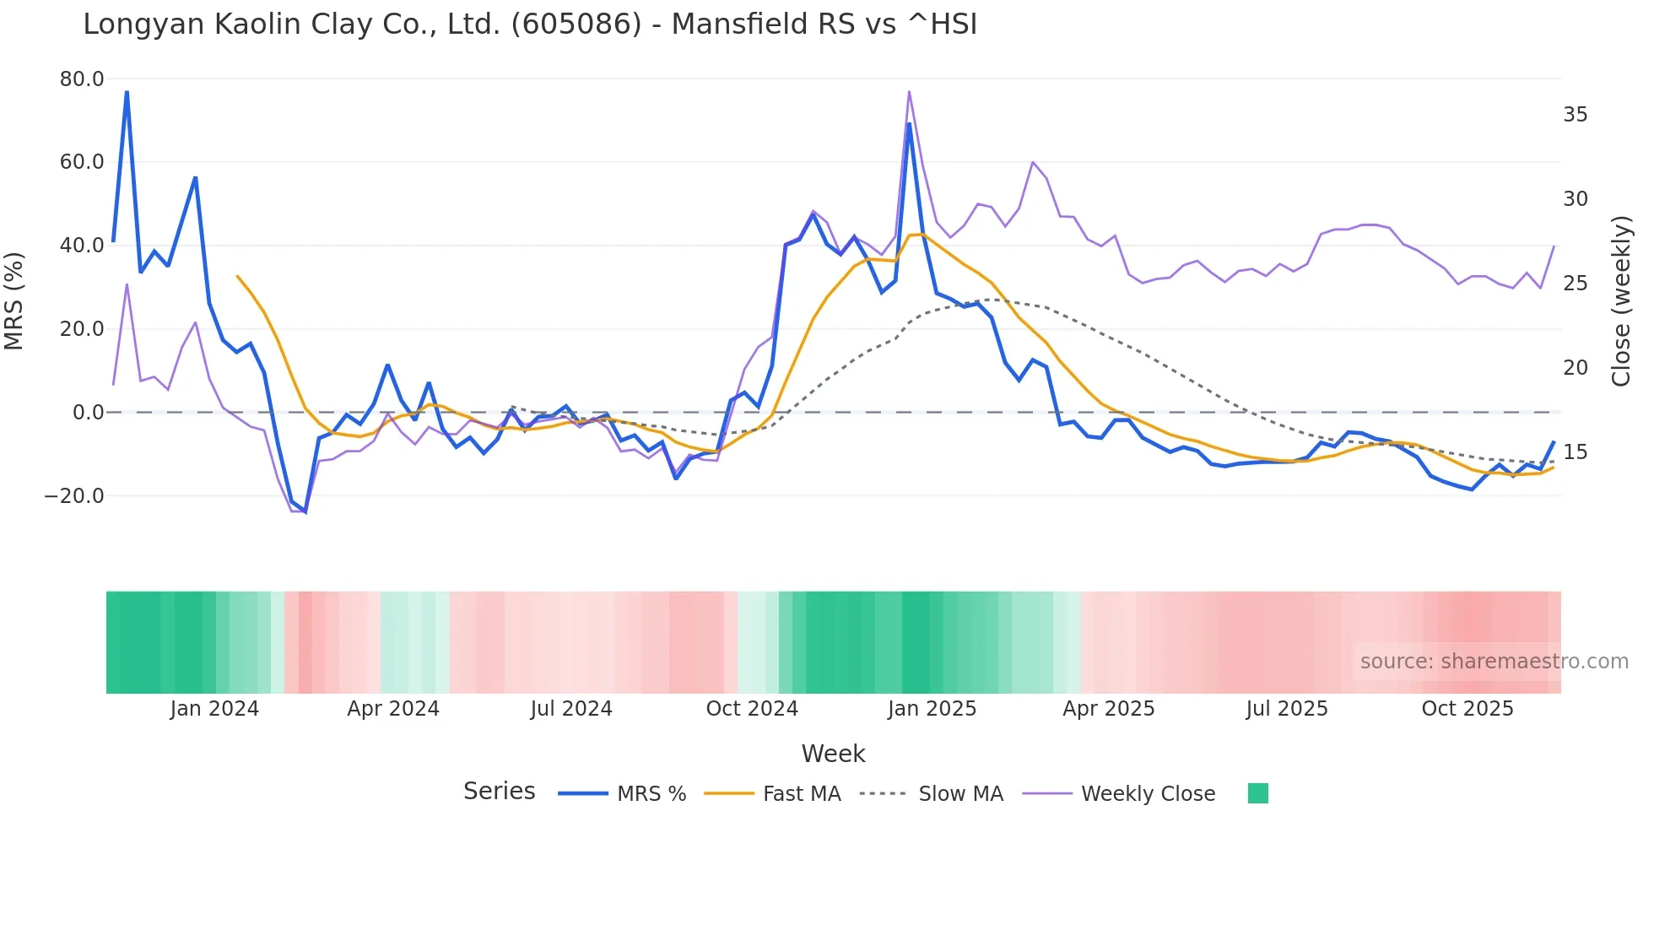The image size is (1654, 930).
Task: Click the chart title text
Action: click(x=530, y=24)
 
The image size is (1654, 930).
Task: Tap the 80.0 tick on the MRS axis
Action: click(x=82, y=79)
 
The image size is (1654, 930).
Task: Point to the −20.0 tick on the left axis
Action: click(x=74, y=496)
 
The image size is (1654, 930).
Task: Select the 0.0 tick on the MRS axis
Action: click(x=88, y=413)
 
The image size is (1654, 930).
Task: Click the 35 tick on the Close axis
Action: click(x=1575, y=115)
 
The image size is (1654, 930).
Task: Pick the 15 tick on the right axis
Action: click(x=1575, y=452)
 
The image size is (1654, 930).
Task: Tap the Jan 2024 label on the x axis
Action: click(x=214, y=709)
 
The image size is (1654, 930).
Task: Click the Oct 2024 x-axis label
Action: click(x=752, y=709)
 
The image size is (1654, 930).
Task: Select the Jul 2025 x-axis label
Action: click(x=1287, y=709)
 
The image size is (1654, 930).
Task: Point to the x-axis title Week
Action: click(x=833, y=754)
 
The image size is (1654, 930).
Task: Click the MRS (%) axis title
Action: click(x=14, y=300)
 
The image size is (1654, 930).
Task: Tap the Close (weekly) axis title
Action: click(x=1621, y=300)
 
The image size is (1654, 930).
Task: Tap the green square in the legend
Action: click(x=1258, y=793)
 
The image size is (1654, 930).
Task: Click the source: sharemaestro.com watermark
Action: click(x=1494, y=662)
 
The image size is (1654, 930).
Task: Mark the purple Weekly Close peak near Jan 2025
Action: click(x=909, y=91)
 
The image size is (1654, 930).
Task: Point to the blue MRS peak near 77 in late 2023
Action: click(x=127, y=91)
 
